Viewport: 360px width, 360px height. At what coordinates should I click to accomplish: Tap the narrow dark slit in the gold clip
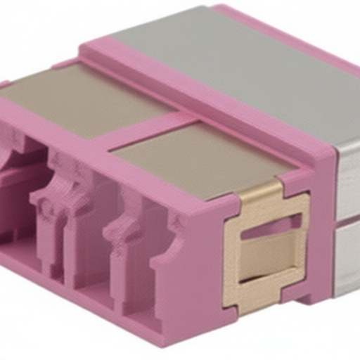[270, 223]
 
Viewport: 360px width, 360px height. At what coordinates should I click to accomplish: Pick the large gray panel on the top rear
[232, 60]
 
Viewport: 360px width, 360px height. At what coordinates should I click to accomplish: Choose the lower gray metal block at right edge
[349, 257]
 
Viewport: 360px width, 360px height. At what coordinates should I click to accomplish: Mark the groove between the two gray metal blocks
[347, 219]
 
